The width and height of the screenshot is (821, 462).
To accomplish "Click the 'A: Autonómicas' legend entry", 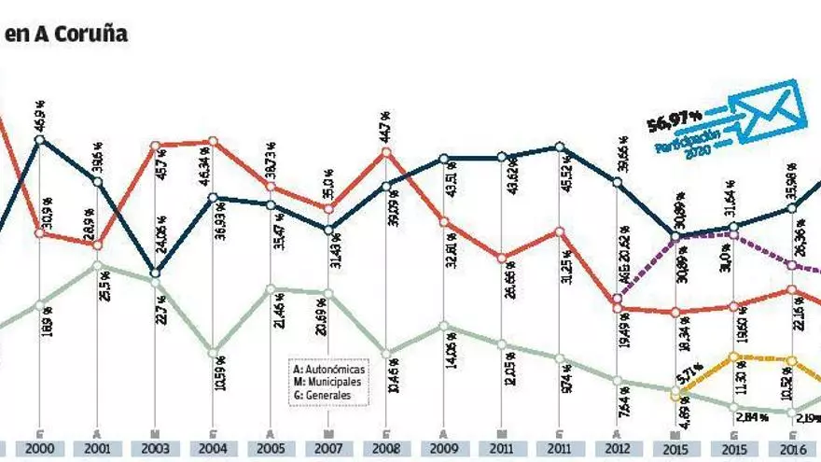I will (328, 370).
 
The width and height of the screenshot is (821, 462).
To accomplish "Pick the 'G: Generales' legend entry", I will (323, 396).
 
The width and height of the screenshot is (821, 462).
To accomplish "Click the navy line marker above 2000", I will (39, 140).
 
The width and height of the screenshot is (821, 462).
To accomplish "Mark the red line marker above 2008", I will (387, 151).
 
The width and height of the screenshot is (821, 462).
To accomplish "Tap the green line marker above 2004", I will (214, 354).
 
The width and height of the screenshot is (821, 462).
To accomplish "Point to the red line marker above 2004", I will (214, 142).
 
